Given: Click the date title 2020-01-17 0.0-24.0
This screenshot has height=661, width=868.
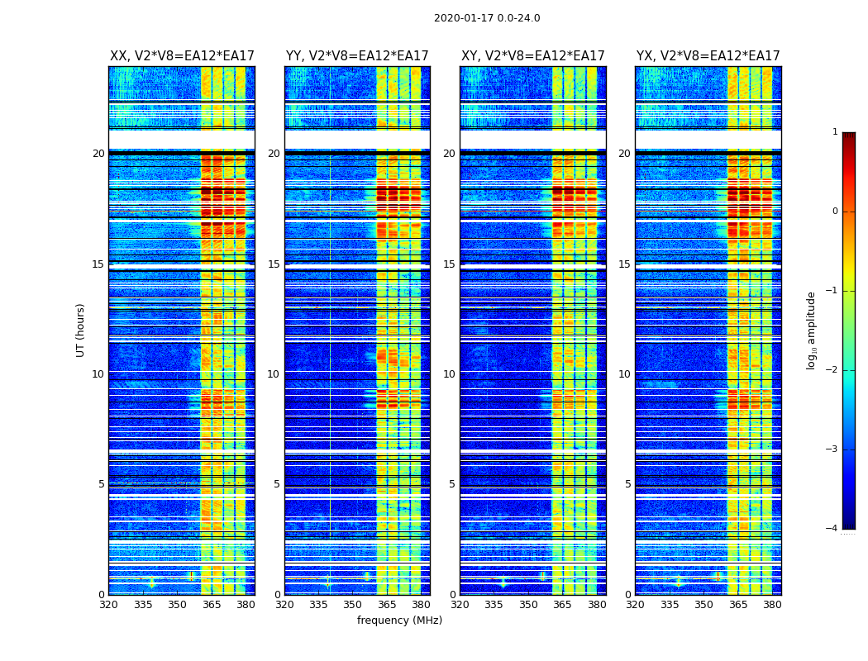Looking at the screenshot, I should coord(487,18).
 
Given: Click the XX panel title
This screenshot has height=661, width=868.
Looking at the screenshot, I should coord(182,56).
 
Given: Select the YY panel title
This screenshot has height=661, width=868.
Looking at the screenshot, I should coord(357,56).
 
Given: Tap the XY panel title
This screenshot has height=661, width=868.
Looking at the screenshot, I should coord(533,56).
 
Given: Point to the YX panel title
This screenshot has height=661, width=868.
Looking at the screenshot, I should coord(708,56).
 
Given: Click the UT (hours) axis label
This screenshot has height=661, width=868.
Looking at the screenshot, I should coord(80,330).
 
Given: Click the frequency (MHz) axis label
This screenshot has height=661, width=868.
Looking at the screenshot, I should coord(399,621).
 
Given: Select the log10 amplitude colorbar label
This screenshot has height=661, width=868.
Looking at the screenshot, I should coord(812,330).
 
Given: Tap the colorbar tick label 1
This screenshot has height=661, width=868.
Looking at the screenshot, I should coord(835,132).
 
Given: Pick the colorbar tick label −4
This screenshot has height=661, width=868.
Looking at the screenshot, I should coord(832,529).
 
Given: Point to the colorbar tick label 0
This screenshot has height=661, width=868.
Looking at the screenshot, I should coord(835,212).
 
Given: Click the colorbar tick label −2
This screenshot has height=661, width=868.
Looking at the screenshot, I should coord(832,370).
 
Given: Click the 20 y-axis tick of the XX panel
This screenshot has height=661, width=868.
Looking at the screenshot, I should coord(98,154).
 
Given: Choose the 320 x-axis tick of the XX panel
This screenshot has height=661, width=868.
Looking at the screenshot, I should coord(108,604).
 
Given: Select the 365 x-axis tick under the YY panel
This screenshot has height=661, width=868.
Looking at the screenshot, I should coord(387,604).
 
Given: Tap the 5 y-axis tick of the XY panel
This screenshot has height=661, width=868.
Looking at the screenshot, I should coord(452,484).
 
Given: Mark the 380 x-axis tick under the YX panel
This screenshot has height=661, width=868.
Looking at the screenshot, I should coord(772,604).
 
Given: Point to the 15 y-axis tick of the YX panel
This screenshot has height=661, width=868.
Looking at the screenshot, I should coord(625,264).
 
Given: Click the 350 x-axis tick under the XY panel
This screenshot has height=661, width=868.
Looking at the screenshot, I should coord(528,604).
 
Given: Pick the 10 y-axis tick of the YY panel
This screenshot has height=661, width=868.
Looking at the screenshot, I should coord(274,374).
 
